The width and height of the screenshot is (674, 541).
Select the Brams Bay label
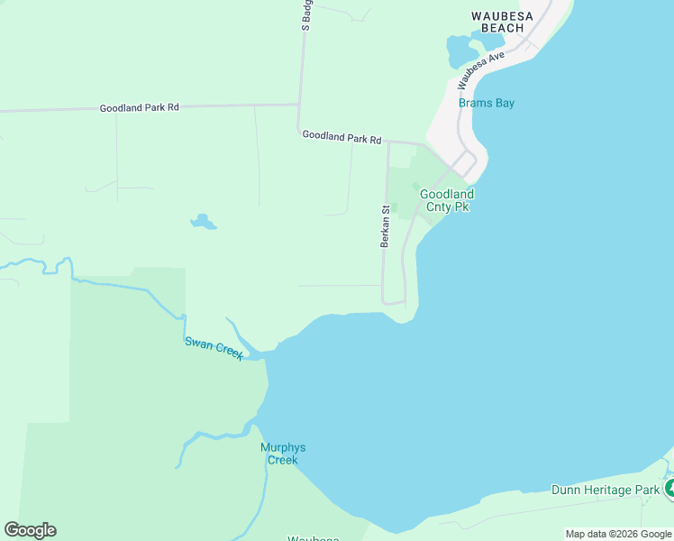coord(487,103)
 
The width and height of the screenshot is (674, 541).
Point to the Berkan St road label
coord(385,226)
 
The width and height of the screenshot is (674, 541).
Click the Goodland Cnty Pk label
coord(447,200)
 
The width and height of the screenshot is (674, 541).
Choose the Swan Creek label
coord(214,348)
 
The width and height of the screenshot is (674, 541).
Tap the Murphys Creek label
coord(278,454)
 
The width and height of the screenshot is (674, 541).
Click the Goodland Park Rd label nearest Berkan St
coord(342,136)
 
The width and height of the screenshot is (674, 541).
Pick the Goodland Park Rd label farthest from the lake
coord(139,107)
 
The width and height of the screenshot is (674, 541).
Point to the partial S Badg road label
coord(306,15)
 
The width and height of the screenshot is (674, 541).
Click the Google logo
coord(30,530)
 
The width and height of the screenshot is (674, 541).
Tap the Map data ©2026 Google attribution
coord(618,534)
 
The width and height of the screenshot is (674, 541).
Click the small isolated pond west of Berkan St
coord(204,222)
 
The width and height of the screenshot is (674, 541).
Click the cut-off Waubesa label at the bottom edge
coord(313,538)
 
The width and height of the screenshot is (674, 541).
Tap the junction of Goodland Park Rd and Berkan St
coord(387,142)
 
